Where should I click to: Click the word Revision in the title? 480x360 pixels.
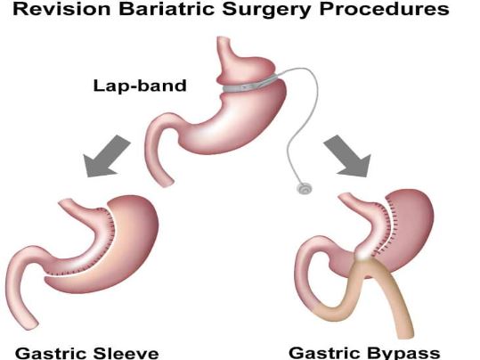[x=61, y=9]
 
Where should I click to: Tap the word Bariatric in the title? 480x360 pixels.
[x=167, y=9]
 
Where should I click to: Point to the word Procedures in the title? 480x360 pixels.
[x=384, y=9]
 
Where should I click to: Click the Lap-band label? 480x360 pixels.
[x=140, y=86]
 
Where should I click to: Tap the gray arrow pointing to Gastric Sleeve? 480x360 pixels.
[x=106, y=157]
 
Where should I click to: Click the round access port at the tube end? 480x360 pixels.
[x=305, y=188]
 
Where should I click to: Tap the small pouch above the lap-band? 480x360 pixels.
[x=245, y=69]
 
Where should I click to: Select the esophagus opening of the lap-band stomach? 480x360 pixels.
[x=224, y=39]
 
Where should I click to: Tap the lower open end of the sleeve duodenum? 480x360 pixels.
[x=30, y=324]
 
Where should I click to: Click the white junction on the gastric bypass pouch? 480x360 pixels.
[x=363, y=254]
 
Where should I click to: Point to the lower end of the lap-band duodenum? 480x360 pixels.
[x=167, y=183]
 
